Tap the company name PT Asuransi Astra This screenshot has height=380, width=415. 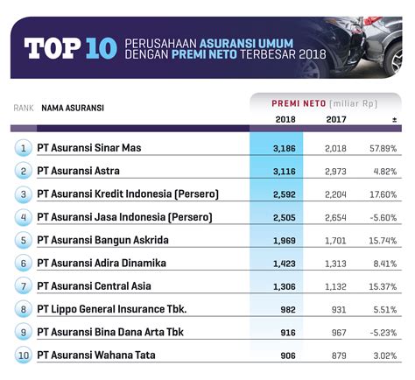(78, 171)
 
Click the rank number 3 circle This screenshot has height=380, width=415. (24, 194)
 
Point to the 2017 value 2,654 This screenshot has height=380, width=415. (335, 216)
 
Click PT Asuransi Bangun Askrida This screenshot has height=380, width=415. (102, 239)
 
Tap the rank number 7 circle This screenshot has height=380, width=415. (24, 285)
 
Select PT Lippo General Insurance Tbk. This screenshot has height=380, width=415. (111, 308)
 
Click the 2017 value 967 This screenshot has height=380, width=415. (335, 332)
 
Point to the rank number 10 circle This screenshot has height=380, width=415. (24, 355)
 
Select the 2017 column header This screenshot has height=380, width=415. (335, 119)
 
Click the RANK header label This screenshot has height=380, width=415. (24, 108)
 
